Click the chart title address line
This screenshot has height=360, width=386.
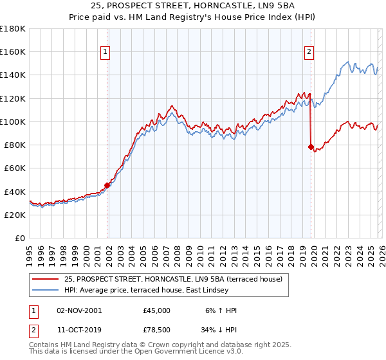(193, 6)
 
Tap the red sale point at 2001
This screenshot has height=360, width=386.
(107, 186)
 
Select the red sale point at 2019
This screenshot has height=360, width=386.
(311, 147)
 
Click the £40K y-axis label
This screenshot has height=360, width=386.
(15, 192)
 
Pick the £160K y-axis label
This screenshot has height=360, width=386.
(13, 51)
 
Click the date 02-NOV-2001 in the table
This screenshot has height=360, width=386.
(79, 310)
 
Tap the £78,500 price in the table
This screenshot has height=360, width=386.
(157, 331)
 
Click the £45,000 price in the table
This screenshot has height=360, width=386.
(157, 310)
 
